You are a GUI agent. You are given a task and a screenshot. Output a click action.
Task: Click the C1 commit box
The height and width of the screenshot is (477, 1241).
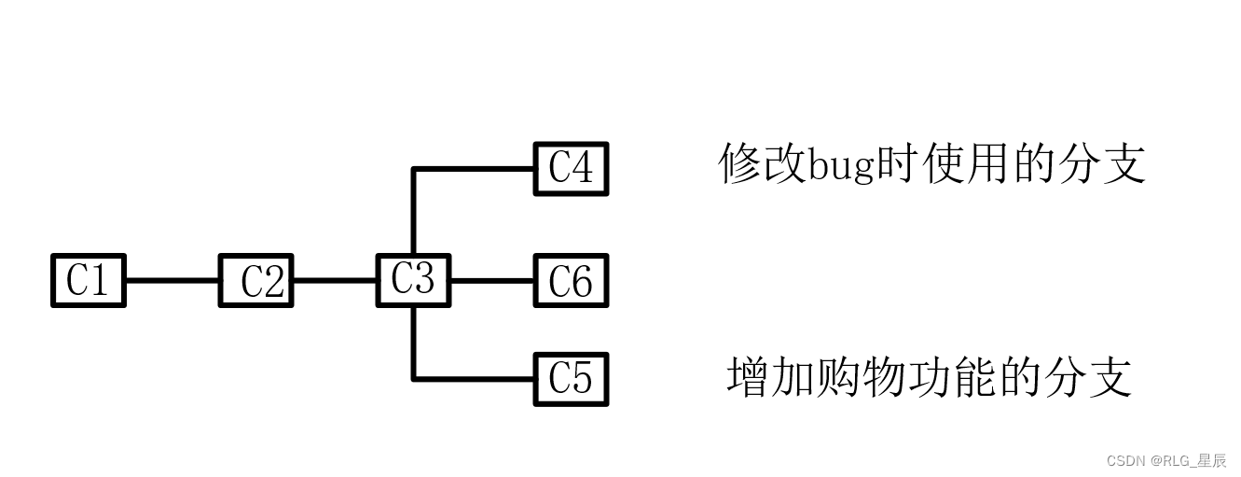tap(88, 280)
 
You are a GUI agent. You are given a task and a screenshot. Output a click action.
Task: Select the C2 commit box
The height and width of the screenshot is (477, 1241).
tap(256, 280)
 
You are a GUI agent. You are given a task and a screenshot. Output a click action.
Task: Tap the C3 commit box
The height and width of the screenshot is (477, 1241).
tap(413, 279)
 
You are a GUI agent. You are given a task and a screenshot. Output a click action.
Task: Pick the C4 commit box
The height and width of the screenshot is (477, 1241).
tap(571, 169)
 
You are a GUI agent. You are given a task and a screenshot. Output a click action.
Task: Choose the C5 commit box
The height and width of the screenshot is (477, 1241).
tap(571, 379)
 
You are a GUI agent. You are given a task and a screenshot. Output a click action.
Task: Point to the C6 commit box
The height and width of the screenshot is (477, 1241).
tap(571, 280)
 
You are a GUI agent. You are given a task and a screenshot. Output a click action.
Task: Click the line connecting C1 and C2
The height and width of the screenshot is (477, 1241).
tap(172, 280)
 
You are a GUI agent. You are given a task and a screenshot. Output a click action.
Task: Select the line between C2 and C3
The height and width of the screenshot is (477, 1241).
tap(335, 280)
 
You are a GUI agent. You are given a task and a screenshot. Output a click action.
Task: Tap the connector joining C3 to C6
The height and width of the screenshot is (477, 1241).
tap(492, 280)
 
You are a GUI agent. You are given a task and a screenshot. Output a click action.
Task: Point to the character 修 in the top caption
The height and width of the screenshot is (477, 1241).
tap(740, 164)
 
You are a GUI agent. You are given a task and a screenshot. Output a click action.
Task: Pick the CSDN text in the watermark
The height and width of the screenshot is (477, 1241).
tap(1124, 461)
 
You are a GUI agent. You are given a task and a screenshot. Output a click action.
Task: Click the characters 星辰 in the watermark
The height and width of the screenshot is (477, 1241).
tap(1211, 461)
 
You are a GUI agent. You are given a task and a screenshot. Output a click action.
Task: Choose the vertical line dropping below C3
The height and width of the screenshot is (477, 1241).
tap(413, 342)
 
